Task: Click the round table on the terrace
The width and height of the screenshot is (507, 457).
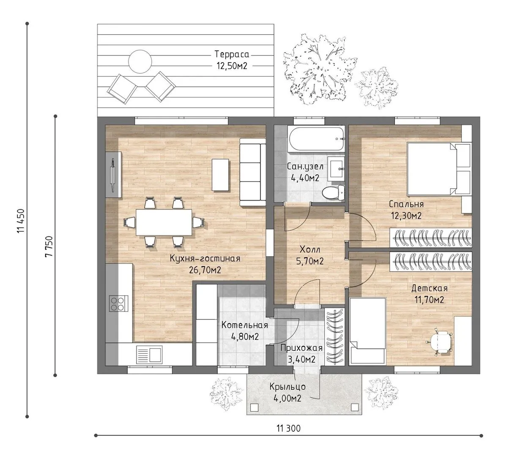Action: (x=140, y=61)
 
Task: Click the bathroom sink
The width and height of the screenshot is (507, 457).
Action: (x=336, y=169)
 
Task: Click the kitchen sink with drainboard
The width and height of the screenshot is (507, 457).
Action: (x=149, y=355)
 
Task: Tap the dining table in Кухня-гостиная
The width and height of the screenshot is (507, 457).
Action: (x=164, y=222)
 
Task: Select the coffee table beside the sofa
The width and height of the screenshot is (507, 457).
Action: (x=220, y=174)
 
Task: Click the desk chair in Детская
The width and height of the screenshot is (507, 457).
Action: (x=439, y=342)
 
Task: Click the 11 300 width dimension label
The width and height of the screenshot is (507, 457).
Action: (x=288, y=428)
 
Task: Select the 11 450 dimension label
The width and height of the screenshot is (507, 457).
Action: (x=21, y=221)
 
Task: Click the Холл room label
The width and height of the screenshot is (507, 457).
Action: (x=310, y=250)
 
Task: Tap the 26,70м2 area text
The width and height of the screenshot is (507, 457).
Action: (x=205, y=270)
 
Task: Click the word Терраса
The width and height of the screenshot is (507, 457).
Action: (x=232, y=54)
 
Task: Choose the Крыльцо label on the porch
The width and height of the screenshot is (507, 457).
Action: (x=288, y=387)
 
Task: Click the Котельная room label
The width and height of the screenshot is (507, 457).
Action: (x=245, y=325)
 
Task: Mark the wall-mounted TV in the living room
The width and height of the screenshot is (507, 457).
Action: (x=113, y=175)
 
